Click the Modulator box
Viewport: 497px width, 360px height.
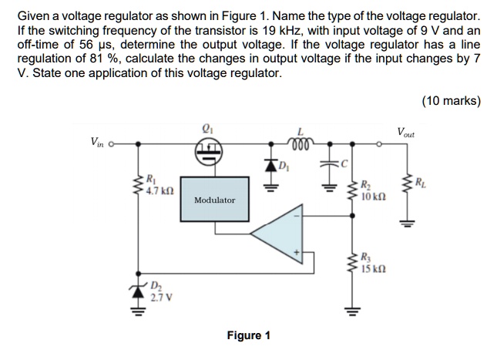pos(214,199)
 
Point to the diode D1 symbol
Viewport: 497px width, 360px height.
pos(270,164)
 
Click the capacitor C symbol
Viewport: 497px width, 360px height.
pos(330,164)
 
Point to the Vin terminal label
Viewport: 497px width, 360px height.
pos(99,141)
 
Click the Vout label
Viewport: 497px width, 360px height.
pos(406,133)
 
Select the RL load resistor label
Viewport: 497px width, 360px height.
pos(419,183)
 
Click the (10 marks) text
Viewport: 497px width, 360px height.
pos(451,100)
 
